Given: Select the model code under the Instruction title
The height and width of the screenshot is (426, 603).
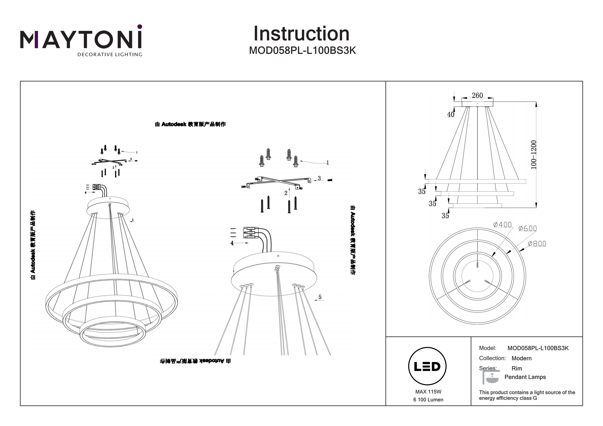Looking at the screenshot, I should pyautogui.click(x=302, y=50).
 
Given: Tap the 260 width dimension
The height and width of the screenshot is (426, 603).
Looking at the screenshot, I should pyautogui.click(x=477, y=95).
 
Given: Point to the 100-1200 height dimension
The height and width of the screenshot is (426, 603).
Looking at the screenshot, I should pyautogui.click(x=533, y=155).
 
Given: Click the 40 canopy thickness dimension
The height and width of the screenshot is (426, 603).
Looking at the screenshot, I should pyautogui.click(x=450, y=114).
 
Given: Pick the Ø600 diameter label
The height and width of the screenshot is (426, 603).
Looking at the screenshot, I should pyautogui.click(x=527, y=228).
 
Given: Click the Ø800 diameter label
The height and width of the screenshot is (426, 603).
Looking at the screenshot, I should pyautogui.click(x=537, y=244).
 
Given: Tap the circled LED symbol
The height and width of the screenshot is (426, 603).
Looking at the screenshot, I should pyautogui.click(x=427, y=366).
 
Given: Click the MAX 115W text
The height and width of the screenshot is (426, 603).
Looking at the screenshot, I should pyautogui.click(x=428, y=392).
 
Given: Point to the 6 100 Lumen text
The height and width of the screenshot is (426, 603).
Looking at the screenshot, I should pyautogui.click(x=428, y=400).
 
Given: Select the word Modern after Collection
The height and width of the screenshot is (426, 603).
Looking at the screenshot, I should pyautogui.click(x=521, y=358).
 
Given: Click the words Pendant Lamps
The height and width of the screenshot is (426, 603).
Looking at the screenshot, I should pyautogui.click(x=525, y=377).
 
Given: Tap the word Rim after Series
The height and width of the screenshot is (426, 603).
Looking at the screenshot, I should pyautogui.click(x=517, y=368).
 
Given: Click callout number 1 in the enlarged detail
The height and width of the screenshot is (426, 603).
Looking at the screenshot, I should pyautogui.click(x=327, y=163).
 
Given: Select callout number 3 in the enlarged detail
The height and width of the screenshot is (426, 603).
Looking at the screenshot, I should pyautogui.click(x=319, y=178).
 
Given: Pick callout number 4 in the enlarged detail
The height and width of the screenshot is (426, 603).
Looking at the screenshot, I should pyautogui.click(x=232, y=243).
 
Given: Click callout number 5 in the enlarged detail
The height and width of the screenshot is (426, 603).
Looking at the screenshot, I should pyautogui.click(x=320, y=297).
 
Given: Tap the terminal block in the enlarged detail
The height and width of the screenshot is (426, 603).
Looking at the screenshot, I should pyautogui.click(x=251, y=233).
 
